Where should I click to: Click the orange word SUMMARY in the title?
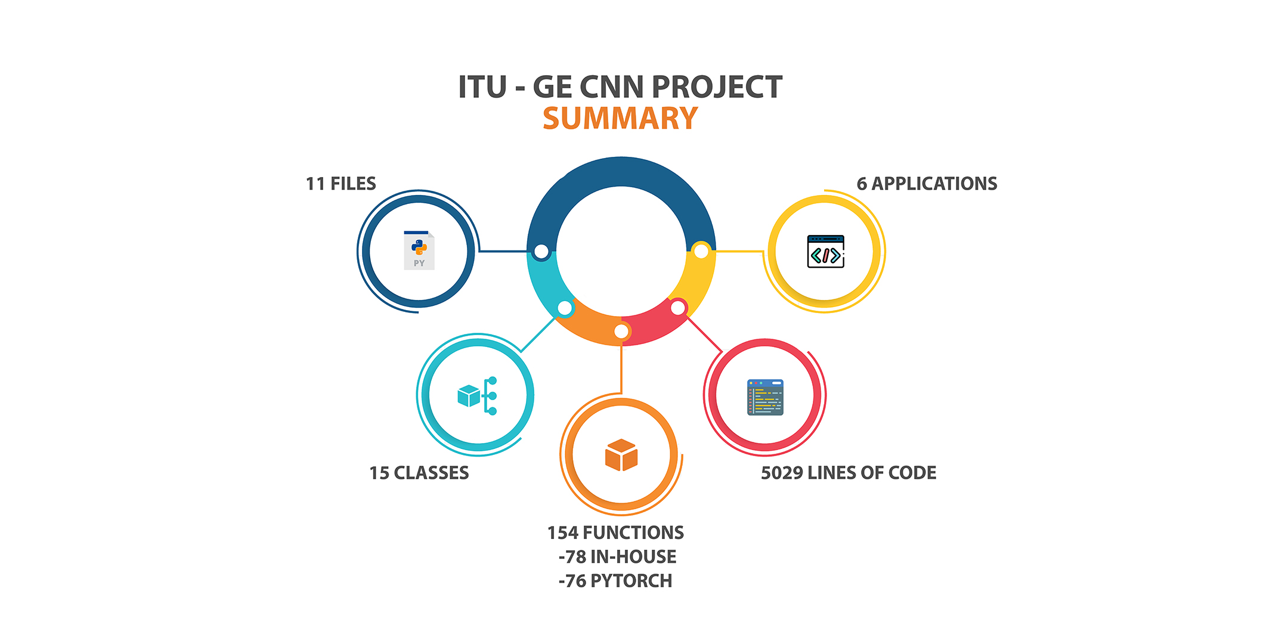tap(620, 118)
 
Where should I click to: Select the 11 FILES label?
tap(341, 184)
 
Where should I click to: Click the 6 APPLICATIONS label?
tap(927, 184)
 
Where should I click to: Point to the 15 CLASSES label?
tap(419, 473)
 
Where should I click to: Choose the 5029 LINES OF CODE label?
tap(849, 473)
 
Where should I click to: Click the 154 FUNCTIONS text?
tap(615, 532)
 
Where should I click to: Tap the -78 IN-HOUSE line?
tap(617, 557)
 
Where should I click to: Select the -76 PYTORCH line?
tap(615, 581)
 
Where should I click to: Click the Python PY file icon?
tap(419, 250)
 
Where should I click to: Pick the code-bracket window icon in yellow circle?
tap(826, 252)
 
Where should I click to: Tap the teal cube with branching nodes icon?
tap(477, 395)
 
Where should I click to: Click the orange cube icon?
tap(621, 455)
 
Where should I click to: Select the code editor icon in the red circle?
tap(765, 397)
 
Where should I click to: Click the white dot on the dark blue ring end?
tap(541, 252)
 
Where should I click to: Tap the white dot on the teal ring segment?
tap(565, 308)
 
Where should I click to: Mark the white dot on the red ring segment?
tap(678, 308)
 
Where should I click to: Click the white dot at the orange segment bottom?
tap(621, 332)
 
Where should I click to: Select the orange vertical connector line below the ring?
tap(621, 367)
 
